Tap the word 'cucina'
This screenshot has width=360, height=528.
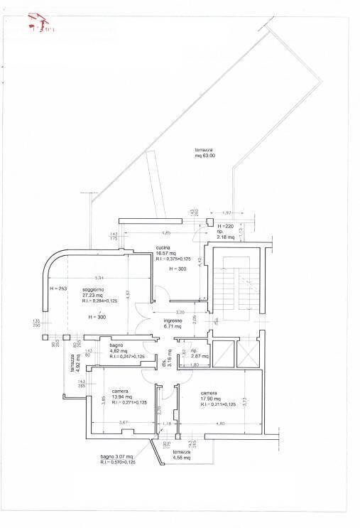pyautogui.click(x=164, y=248)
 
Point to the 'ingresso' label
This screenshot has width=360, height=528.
pyautogui.click(x=174, y=320)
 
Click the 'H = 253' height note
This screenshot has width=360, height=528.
pyautogui.click(x=58, y=289)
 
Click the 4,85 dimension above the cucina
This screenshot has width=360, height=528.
pyautogui.click(x=166, y=233)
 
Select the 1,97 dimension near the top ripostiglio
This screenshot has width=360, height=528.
pyautogui.click(x=227, y=213)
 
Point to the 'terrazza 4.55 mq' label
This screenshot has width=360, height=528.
pyautogui.click(x=182, y=455)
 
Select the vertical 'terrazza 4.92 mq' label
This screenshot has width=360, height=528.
pyautogui.click(x=75, y=365)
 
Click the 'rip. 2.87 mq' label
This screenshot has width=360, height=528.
pyautogui.click(x=198, y=354)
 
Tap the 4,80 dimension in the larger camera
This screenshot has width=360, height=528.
pyautogui.click(x=219, y=424)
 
